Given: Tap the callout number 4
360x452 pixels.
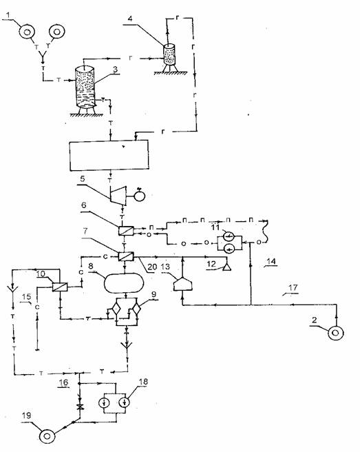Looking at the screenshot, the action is [130, 19].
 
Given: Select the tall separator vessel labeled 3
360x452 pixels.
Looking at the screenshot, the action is [85, 88].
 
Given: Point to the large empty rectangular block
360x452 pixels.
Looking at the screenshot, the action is [109, 156].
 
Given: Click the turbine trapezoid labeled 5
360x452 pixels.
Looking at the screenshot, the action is [118, 196].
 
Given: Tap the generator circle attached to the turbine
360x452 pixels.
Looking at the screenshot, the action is [140, 196].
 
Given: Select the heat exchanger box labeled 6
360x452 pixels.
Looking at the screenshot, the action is [126, 231].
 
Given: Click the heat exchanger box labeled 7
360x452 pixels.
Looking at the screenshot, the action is [126, 256].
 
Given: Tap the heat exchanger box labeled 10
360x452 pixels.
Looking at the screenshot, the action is [60, 287].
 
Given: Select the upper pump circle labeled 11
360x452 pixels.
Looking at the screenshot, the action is [229, 237].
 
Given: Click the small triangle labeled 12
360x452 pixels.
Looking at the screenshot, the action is [227, 268].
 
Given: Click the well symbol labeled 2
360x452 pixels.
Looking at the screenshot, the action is [335, 333].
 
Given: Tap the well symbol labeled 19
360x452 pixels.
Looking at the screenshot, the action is [47, 436].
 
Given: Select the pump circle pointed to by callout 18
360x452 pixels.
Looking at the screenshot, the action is [125, 402].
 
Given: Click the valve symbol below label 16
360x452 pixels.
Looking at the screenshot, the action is [80, 407].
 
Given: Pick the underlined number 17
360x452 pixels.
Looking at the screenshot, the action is [293, 288].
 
